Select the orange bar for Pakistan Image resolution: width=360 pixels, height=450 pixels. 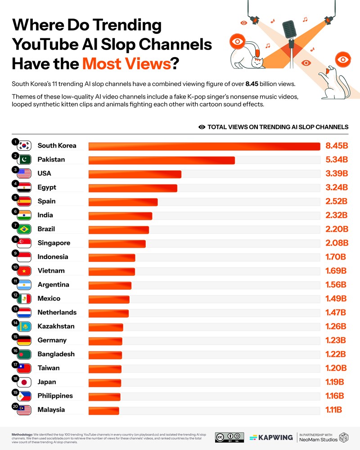tap(162, 160)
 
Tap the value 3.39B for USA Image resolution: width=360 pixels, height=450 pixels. tap(337, 174)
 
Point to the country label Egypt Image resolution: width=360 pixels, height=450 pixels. tap(47, 187)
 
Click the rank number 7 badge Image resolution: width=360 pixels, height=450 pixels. tap(15, 225)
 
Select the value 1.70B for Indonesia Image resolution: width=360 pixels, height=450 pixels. tap(336, 257)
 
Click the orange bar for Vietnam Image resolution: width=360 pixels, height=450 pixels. tap(112, 271)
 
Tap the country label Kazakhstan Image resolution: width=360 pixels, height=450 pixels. tap(56, 326)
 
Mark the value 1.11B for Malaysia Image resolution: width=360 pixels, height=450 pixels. tap(333, 410)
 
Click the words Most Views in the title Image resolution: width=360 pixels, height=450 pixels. tap(126, 63)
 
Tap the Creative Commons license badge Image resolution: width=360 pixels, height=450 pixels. tap(229, 437)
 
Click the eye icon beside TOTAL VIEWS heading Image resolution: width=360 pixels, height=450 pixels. tap(202, 127)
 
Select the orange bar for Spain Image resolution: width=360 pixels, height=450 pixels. tap(123, 202)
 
